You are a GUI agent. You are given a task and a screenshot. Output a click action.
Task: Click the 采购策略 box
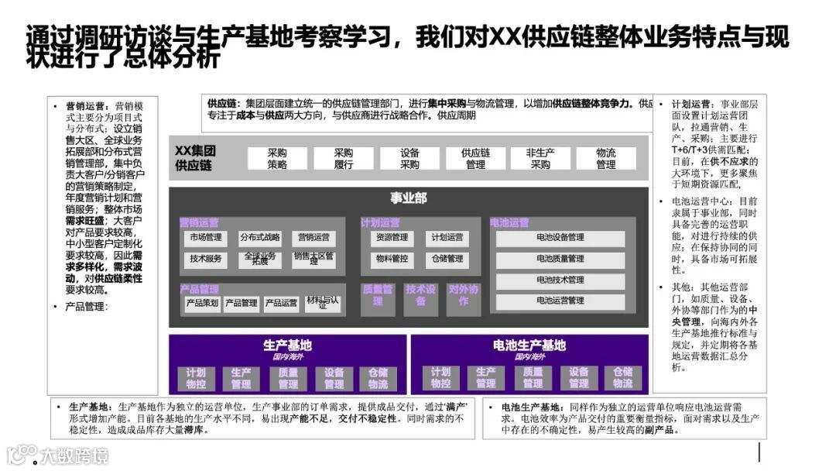coord(277,159)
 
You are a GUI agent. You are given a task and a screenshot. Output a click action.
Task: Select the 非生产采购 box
coord(540,159)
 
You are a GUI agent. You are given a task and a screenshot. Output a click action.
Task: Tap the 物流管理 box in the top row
coord(606,159)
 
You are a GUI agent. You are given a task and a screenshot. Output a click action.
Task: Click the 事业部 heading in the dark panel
coord(408,198)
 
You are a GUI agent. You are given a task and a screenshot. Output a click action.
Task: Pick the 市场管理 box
coord(206,238)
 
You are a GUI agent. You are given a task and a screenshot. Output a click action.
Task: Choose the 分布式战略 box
coord(260,238)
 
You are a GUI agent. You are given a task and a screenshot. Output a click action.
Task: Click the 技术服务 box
coord(206,259)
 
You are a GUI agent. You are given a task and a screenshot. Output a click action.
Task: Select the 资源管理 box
coord(392,238)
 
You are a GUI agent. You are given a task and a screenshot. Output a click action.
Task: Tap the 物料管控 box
coord(392,259)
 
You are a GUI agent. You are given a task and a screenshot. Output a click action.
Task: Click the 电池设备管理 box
coord(560,238)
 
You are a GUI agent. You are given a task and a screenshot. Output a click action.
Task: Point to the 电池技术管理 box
coord(560,280)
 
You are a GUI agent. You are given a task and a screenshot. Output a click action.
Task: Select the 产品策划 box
coord(202,303)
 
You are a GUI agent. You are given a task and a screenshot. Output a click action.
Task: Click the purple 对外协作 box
coord(464,295)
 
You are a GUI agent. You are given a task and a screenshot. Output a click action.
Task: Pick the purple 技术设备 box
coord(421,295)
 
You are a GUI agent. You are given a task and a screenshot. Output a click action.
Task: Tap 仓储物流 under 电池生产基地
coord(622,378)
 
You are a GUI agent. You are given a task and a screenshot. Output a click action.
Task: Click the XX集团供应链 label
coord(194,158)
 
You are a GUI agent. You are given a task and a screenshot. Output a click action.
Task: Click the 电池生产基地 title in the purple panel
coord(529,346)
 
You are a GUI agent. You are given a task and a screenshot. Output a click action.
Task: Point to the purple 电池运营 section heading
coord(510,223)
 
